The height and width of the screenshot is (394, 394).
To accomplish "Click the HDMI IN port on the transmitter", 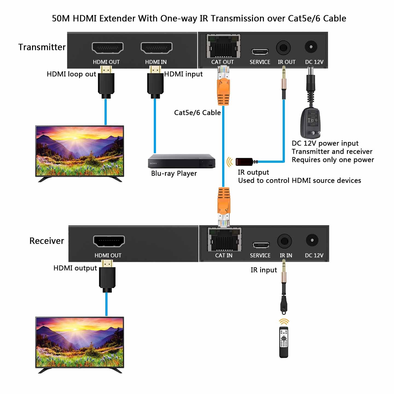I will [x=156, y=48].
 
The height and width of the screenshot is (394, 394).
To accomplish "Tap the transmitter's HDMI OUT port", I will [x=108, y=48].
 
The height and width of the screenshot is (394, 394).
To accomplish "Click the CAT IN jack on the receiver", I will [x=224, y=240].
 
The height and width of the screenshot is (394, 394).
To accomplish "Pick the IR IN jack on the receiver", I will [x=284, y=241].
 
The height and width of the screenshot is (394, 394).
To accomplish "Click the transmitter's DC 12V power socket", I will [x=311, y=47].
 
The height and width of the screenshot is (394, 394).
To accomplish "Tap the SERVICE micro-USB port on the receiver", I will [x=261, y=245].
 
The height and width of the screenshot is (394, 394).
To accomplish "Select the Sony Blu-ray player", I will [x=181, y=161].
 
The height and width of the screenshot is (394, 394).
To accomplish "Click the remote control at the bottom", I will [x=284, y=342].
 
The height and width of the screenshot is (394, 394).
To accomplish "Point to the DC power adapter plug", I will [x=311, y=123].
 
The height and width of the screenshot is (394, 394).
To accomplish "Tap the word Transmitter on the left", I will [x=42, y=47].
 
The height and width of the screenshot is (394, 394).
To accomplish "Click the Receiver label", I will [x=47, y=241].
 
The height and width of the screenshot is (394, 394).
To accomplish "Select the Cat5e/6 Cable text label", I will [x=197, y=112].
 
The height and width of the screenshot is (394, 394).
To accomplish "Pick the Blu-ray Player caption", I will [x=174, y=173].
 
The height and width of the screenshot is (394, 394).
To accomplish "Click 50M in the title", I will [x=61, y=18].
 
